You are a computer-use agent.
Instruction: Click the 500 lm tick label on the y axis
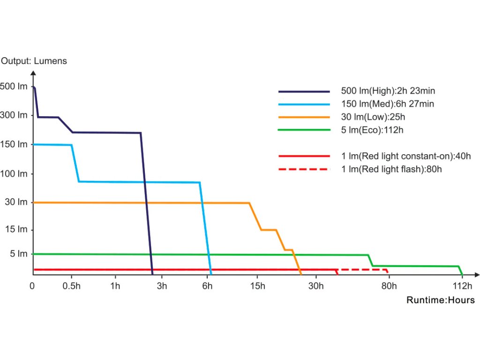[x=14, y=87]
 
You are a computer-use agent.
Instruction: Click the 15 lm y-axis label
[x=16, y=230]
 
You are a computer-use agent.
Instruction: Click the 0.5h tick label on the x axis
[x=71, y=286]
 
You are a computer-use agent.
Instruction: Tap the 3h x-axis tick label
[x=162, y=286]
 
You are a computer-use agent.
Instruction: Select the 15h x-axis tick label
[x=257, y=286]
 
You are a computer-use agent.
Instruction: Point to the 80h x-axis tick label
[x=389, y=286]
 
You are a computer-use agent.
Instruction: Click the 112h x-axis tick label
[x=462, y=286]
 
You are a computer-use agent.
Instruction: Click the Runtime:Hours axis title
[x=440, y=300]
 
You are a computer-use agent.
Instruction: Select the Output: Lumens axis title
[x=34, y=61]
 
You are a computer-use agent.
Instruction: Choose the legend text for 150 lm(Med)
[x=388, y=104]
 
